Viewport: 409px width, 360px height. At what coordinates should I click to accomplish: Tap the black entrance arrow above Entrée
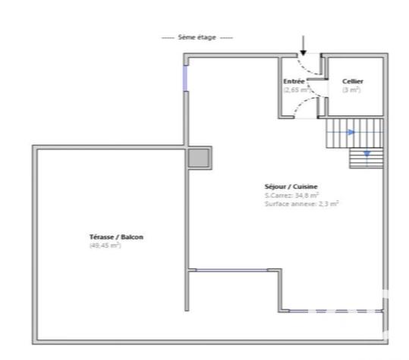pos(303,45)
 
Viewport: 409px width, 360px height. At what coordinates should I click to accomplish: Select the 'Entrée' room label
pos(294,81)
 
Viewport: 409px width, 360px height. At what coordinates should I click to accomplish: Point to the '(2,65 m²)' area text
pos(297,89)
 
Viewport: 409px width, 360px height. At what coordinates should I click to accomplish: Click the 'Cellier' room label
pos(352,81)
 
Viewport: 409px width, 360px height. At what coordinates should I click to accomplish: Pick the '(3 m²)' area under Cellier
pos(351,89)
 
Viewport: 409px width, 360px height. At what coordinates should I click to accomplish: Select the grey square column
pos(199,157)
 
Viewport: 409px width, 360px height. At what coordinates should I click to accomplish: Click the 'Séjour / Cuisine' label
pos(291,186)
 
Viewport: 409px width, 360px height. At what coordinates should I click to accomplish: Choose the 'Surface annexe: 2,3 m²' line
pos(301,203)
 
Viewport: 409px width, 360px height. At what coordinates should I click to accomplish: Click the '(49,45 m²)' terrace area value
pos(105,246)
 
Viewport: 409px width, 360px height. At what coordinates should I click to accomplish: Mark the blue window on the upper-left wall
pos(185,78)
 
